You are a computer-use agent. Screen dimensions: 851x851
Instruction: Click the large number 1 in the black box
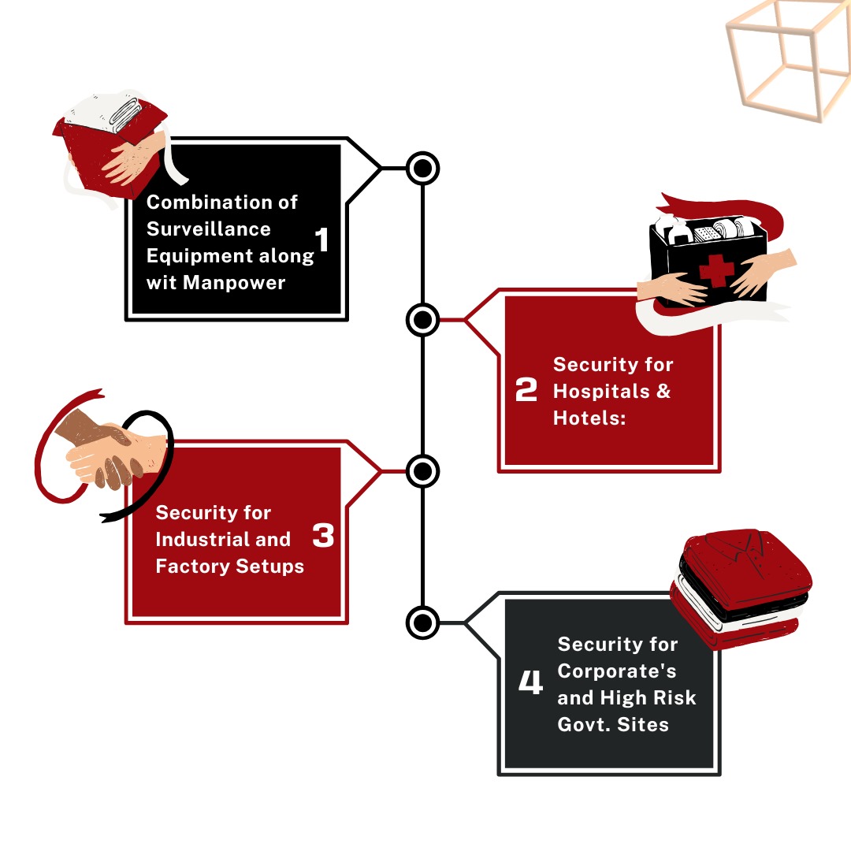(x=321, y=240)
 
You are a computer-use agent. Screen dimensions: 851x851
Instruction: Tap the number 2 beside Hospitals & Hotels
(x=526, y=390)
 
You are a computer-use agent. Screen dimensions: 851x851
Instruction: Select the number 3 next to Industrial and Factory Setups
(x=323, y=537)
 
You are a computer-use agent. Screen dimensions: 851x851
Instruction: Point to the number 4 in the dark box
(x=530, y=682)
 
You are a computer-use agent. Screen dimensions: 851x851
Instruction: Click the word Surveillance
(x=209, y=229)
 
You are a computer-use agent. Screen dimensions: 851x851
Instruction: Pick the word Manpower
(x=234, y=282)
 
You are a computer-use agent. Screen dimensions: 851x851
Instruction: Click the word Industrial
(x=203, y=540)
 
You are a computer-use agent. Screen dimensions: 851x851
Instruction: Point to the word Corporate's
(x=617, y=671)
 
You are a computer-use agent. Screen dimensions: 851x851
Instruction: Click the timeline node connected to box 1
(x=423, y=168)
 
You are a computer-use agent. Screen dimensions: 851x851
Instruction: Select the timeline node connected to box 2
(x=423, y=320)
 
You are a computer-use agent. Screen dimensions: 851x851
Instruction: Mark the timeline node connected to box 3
(x=423, y=471)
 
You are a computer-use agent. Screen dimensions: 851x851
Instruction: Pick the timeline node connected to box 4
(x=423, y=622)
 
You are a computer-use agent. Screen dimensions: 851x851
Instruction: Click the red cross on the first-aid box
(x=716, y=270)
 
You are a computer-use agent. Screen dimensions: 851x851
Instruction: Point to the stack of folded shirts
(x=741, y=587)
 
